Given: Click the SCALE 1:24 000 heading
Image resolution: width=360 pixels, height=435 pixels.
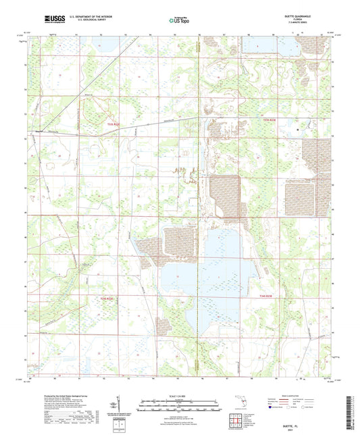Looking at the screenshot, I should pyautogui.click(x=179, y=396).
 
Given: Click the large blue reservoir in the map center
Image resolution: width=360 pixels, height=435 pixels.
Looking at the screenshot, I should pyautogui.click(x=203, y=270).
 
